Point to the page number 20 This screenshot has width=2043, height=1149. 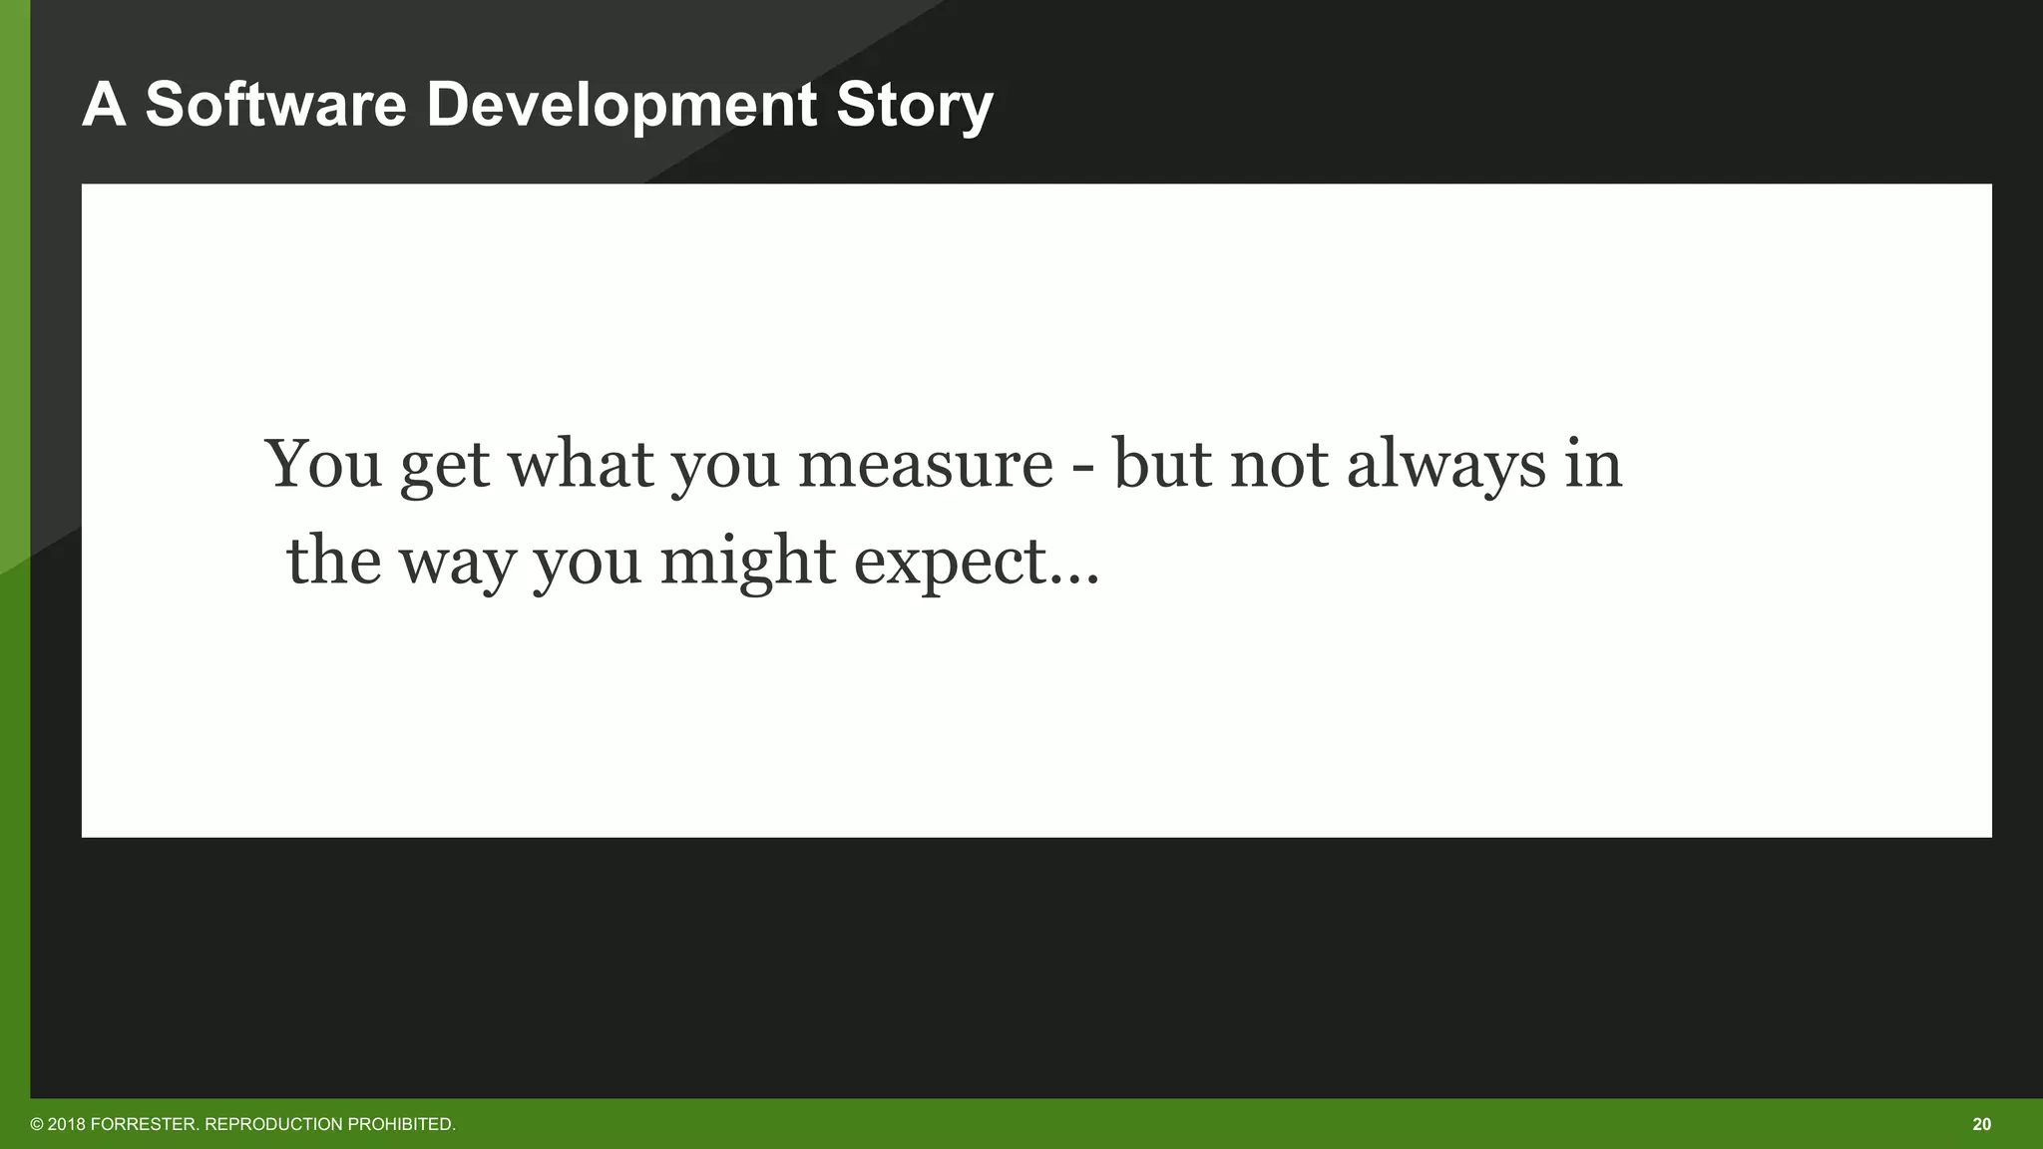pos(1981,1124)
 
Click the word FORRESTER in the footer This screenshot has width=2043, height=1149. pos(144,1124)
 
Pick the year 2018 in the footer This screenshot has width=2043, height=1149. pos(67,1124)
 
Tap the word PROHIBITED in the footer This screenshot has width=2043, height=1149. pos(401,1124)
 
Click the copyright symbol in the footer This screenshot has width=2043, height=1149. pos(37,1124)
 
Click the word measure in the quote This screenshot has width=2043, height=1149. pos(925,465)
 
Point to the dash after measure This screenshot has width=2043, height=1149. pos(1082,467)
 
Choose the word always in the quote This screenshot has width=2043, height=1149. pos(1445,465)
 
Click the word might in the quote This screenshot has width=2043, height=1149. pos(747,563)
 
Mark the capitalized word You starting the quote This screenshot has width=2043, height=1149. pos(323,465)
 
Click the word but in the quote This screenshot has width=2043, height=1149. pos(1161,465)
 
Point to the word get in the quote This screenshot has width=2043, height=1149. pos(445,467)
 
